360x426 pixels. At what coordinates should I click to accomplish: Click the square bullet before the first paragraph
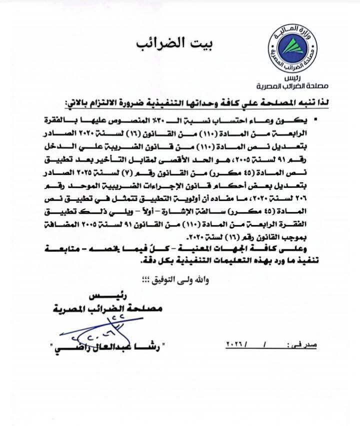tap(313, 121)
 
